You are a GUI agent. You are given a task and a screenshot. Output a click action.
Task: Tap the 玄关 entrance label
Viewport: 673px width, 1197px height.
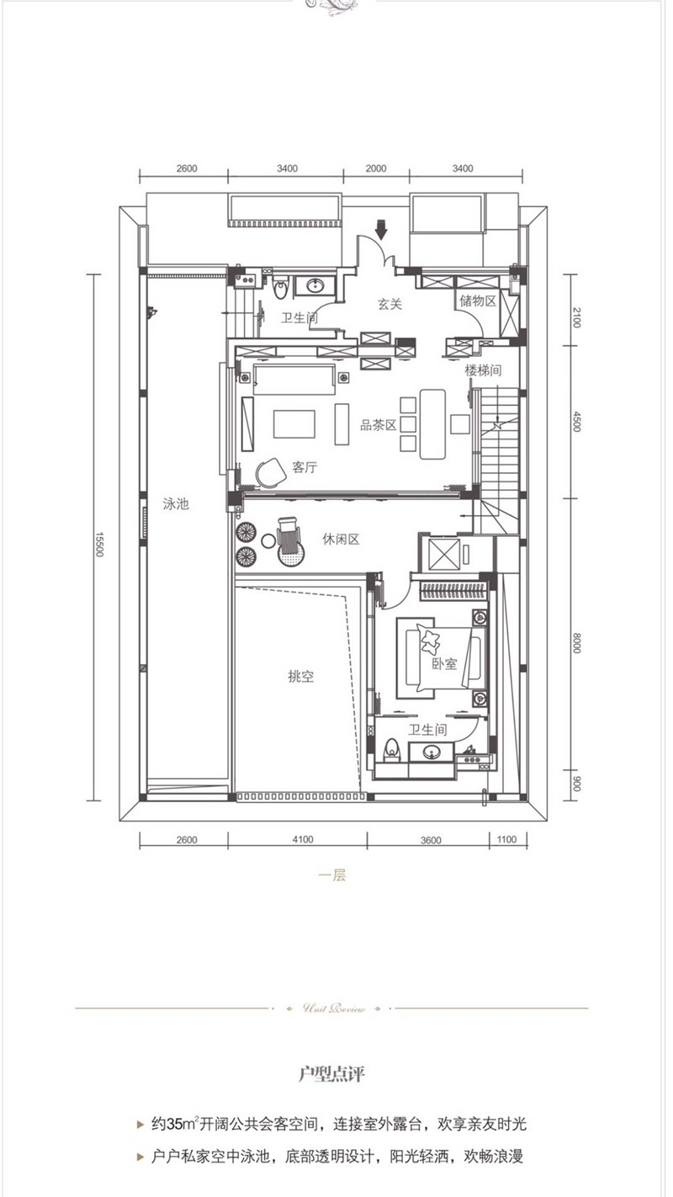point(389,305)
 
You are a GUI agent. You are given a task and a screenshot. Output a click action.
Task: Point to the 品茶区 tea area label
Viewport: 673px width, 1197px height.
point(378,426)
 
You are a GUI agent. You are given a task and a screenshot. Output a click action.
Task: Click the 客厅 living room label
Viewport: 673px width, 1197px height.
point(305,467)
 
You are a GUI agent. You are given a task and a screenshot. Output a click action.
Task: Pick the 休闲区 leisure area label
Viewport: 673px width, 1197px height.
point(341,540)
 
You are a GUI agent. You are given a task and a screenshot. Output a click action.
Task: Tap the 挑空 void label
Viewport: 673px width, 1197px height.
point(300,676)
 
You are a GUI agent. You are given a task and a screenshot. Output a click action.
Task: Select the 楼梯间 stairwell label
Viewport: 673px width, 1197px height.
point(483,370)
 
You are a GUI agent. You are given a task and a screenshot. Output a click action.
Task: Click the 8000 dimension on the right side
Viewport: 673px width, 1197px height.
point(578,643)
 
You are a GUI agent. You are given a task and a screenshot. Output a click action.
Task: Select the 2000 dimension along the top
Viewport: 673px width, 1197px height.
point(376,168)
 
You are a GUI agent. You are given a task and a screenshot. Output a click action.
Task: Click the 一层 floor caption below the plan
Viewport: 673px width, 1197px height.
point(332,875)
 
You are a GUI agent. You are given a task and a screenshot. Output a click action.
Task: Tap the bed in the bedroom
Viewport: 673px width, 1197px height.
point(443,662)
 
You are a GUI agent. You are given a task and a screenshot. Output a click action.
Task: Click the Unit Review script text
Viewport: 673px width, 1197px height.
point(332,1008)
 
